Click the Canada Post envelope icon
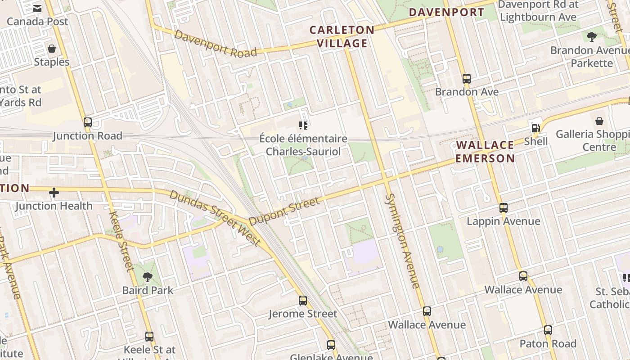pyautogui.click(x=37, y=8)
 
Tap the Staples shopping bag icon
pyautogui.click(x=52, y=48)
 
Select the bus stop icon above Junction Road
pyautogui.click(x=88, y=122)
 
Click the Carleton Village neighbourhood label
pyautogui.click(x=342, y=36)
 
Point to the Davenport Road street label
pyautogui.click(x=216, y=44)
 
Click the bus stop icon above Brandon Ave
pyautogui.click(x=467, y=78)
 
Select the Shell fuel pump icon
pyautogui.click(x=535, y=128)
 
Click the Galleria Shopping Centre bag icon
pyautogui.click(x=599, y=121)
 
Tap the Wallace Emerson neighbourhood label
pyautogui.click(x=485, y=152)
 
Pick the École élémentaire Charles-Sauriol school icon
pyautogui.click(x=303, y=125)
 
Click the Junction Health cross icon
pyautogui.click(x=54, y=193)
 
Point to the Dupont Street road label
pyautogui.click(x=284, y=211)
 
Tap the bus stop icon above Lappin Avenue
pyautogui.click(x=504, y=207)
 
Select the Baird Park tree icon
pyautogui.click(x=147, y=277)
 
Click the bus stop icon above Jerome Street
pyautogui.click(x=303, y=300)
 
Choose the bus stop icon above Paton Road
pyautogui.click(x=548, y=330)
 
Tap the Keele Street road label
pyautogui.click(x=121, y=241)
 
